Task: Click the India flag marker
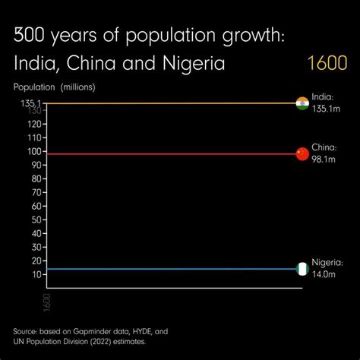pyautogui.click(x=302, y=103)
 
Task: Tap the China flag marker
pyautogui.click(x=302, y=153)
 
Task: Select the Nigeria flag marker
pyautogui.click(x=302, y=269)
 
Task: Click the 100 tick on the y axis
pyautogui.click(x=35, y=151)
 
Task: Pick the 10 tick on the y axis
pyautogui.click(x=37, y=274)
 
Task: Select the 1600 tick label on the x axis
pyautogui.click(x=46, y=301)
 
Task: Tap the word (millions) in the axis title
pyautogui.click(x=78, y=87)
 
